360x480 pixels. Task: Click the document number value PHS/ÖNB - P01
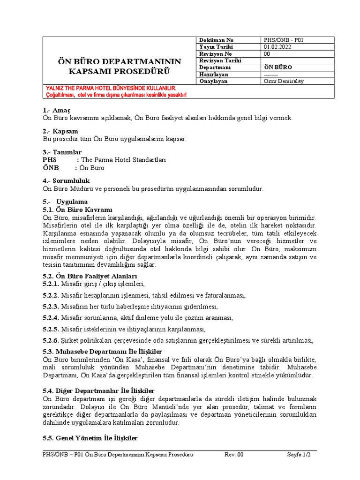point(284,40)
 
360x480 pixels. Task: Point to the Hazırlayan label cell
point(214,74)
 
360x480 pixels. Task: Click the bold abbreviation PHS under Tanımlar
point(51,160)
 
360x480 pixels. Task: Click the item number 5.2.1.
point(51,284)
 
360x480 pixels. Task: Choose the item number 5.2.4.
point(51,318)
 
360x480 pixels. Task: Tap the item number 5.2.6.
point(51,340)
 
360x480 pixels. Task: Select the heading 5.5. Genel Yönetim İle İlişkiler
point(90,438)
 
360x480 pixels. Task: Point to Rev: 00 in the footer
point(234,455)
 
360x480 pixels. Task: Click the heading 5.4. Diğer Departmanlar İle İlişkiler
point(98,390)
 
